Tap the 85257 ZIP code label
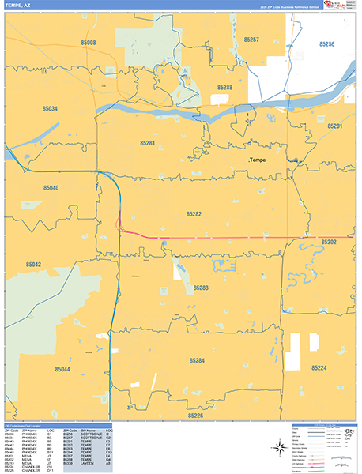pos(251,39)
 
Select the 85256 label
pos(326,44)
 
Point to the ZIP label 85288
pos(224,88)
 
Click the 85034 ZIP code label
pos(50,108)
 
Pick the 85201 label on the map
pos(334,126)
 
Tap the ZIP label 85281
pos(148,143)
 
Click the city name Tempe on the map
pos(261,160)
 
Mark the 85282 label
pos(194,214)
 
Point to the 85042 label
pos(33,265)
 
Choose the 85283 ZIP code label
pos(201,288)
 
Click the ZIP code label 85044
pos(62,370)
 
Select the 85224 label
pos(319,368)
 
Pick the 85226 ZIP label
pos(195,415)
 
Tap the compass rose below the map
pos(279,448)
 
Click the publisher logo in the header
pos(341,6)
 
